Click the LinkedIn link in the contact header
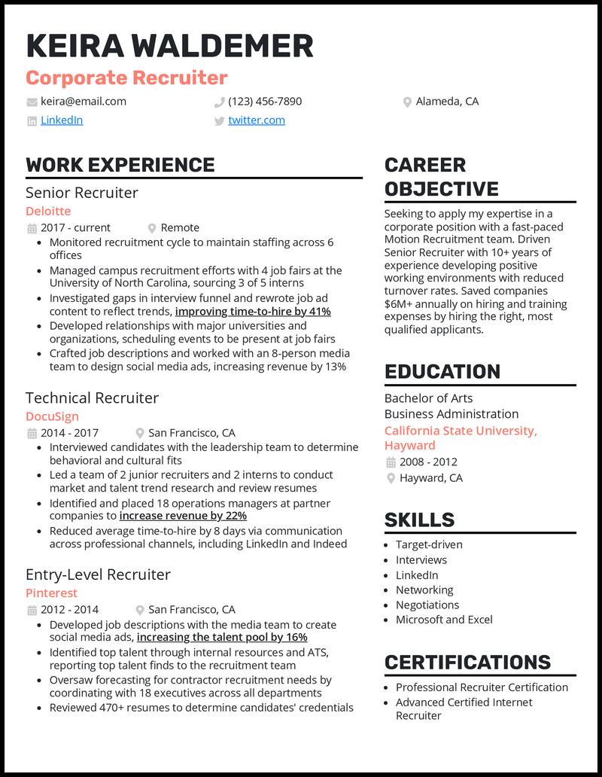(x=62, y=120)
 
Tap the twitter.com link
(x=257, y=120)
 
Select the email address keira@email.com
(x=84, y=102)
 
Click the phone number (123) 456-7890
(x=265, y=102)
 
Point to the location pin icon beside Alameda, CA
(x=407, y=102)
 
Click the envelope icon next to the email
(x=32, y=102)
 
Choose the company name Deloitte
(x=48, y=212)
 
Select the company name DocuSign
(x=52, y=416)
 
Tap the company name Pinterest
(x=51, y=593)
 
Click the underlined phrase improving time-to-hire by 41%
(x=253, y=312)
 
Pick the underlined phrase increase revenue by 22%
(x=183, y=516)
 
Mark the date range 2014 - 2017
(x=70, y=433)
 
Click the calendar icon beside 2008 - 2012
(x=391, y=462)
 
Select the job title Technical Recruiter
(x=92, y=398)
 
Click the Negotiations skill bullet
(x=427, y=605)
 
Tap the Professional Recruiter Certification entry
(x=482, y=687)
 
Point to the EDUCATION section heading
(x=442, y=372)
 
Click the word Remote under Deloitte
(x=180, y=228)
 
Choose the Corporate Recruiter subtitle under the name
(x=126, y=78)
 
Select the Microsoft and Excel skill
(x=444, y=620)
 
